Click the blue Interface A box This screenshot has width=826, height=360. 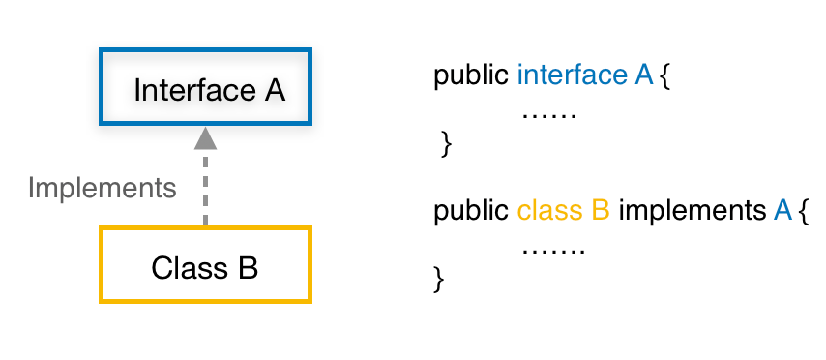(x=207, y=88)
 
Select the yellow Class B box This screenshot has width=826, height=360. (x=205, y=264)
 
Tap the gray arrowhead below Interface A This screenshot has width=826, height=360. (x=205, y=138)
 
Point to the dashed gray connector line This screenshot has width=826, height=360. (x=205, y=189)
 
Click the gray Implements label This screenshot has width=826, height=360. (x=103, y=187)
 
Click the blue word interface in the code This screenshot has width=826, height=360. (x=573, y=75)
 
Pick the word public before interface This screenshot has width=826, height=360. (x=472, y=75)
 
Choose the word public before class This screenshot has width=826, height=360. (x=472, y=210)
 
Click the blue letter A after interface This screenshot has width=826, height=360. (x=644, y=75)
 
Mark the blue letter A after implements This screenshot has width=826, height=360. (x=783, y=210)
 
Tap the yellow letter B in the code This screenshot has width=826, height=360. (x=600, y=210)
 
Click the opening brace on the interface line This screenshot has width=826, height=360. (x=664, y=76)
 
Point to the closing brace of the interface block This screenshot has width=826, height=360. (x=446, y=144)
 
